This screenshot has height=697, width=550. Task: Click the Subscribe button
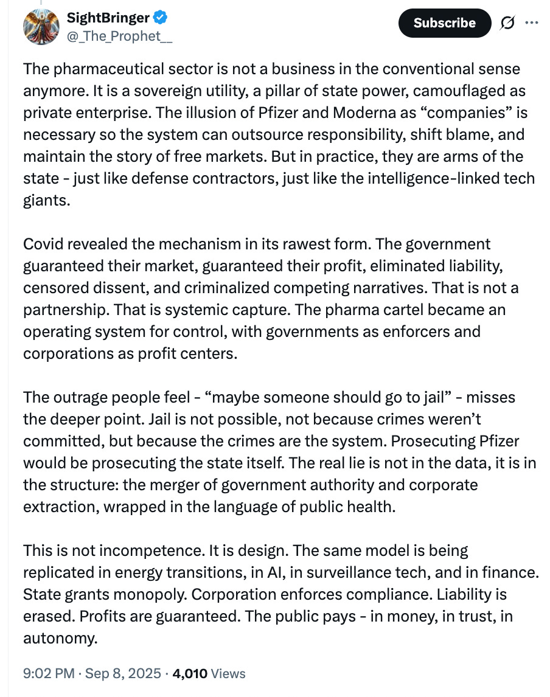(x=444, y=23)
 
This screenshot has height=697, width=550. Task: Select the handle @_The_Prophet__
(x=119, y=36)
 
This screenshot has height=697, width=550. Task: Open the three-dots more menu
(x=531, y=23)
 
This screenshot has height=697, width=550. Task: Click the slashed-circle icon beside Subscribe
(x=507, y=23)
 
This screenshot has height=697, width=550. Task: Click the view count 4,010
(x=190, y=673)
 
